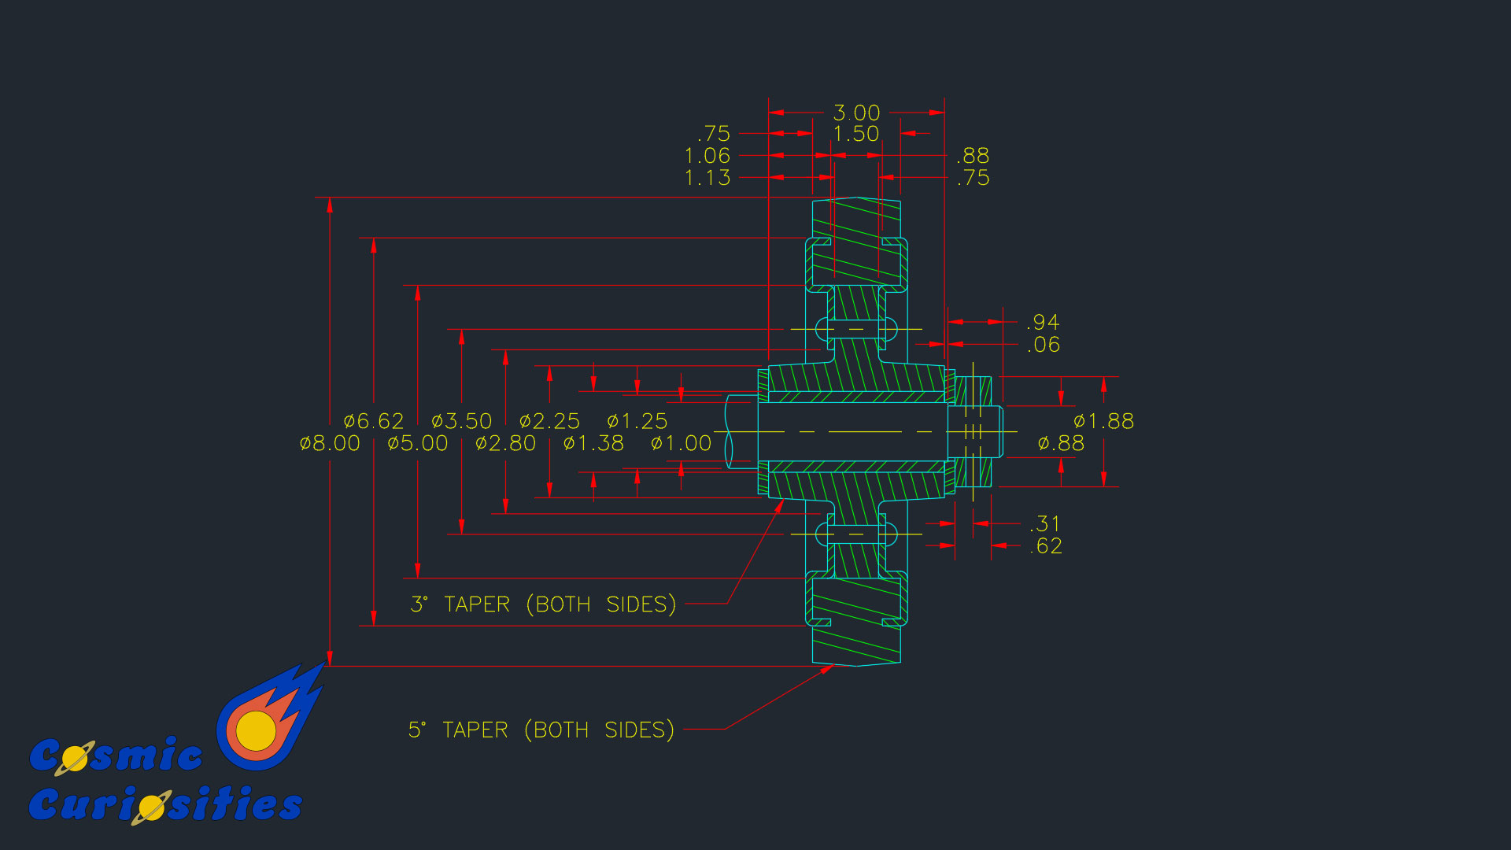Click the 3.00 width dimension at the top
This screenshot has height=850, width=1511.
[x=856, y=113]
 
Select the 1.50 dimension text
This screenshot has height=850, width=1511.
[x=856, y=135]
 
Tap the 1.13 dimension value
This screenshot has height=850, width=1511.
[x=707, y=179]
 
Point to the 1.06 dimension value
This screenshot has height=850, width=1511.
[x=707, y=157]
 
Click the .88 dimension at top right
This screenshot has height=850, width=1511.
[x=973, y=156]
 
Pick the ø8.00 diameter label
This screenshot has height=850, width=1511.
[x=330, y=444]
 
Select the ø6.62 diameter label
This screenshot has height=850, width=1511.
[x=374, y=422]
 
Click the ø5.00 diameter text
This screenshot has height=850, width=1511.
[x=418, y=444]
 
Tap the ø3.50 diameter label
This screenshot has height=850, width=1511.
[x=462, y=422]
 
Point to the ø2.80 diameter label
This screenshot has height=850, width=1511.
[x=506, y=444]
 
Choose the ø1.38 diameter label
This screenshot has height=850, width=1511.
[x=594, y=444]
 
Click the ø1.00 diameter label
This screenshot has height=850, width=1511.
[x=682, y=444]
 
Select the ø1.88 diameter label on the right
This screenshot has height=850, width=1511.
[x=1104, y=422]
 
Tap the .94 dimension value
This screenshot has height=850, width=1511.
[x=1044, y=323]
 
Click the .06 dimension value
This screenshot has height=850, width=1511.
[x=1044, y=345]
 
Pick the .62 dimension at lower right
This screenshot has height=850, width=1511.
[x=1046, y=546]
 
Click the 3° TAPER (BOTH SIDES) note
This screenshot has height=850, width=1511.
[x=543, y=604]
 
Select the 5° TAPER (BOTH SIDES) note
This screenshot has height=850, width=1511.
[x=541, y=730]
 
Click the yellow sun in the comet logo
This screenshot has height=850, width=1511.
[x=256, y=730]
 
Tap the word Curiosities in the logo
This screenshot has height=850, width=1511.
[x=165, y=805]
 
